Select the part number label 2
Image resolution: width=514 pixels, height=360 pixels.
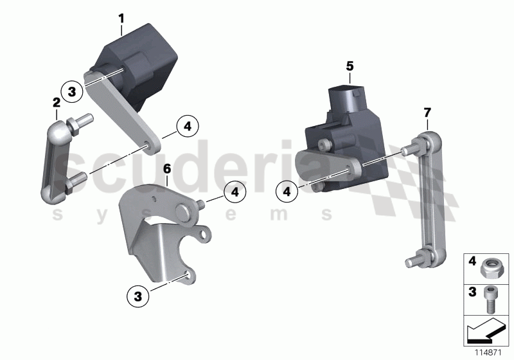click(57, 102)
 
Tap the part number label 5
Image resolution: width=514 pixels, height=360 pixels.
click(350, 66)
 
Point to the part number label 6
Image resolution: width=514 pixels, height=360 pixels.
click(166, 169)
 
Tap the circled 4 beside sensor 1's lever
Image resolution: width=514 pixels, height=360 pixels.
click(188, 127)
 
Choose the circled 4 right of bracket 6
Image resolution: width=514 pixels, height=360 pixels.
click(235, 191)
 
